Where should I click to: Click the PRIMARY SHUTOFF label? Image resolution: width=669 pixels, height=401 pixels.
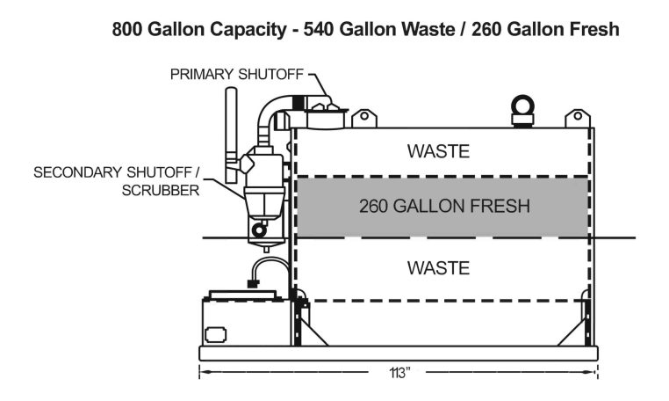click(x=234, y=74)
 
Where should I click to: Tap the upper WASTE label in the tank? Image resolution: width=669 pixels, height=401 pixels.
click(x=438, y=151)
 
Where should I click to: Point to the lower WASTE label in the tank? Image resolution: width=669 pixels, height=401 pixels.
click(x=438, y=267)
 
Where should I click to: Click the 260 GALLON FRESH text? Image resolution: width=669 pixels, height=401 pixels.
click(x=444, y=208)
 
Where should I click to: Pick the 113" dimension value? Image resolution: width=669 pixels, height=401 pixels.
click(x=399, y=372)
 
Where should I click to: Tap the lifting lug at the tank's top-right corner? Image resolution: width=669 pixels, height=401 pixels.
click(x=577, y=118)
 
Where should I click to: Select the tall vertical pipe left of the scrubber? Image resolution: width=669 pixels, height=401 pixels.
click(x=231, y=128)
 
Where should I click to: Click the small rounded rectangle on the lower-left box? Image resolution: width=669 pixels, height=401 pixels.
click(x=215, y=335)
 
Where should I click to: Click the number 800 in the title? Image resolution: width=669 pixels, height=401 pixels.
click(x=128, y=29)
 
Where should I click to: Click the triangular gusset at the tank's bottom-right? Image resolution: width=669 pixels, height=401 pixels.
click(x=577, y=331)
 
